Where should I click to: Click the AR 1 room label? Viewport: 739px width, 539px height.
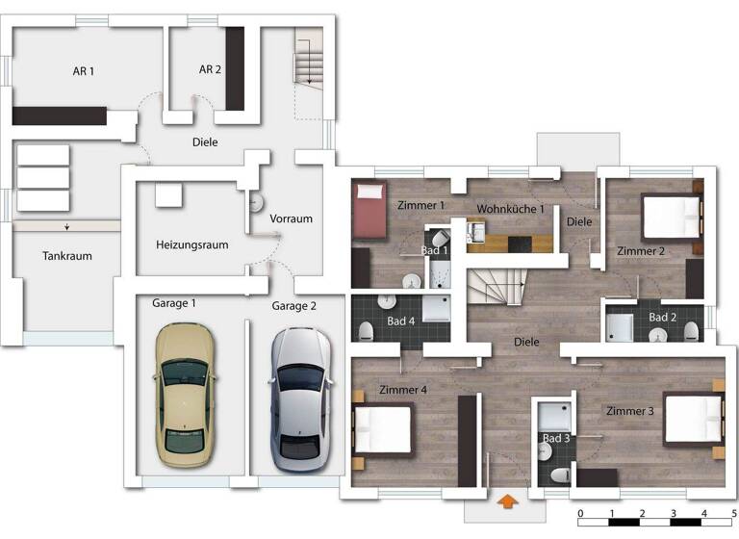pos(84,71)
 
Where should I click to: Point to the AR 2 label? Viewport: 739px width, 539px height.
pos(210,69)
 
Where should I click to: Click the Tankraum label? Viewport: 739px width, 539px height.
pos(66,256)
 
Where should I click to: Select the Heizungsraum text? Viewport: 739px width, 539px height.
pos(192,244)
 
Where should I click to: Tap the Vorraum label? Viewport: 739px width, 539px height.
pos(291,218)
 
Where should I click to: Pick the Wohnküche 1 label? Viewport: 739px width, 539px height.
pos(511,209)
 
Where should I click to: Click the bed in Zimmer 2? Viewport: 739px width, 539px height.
pos(670,217)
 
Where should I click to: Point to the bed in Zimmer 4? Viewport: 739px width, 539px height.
pos(383,428)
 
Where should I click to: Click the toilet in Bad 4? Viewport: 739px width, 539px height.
pos(366,331)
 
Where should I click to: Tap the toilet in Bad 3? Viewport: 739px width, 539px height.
pos(558,475)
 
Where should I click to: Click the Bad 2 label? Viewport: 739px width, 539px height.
pos(663,317)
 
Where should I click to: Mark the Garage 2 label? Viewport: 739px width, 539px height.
pos(293,306)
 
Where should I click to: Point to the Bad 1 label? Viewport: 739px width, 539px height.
pos(435,250)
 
